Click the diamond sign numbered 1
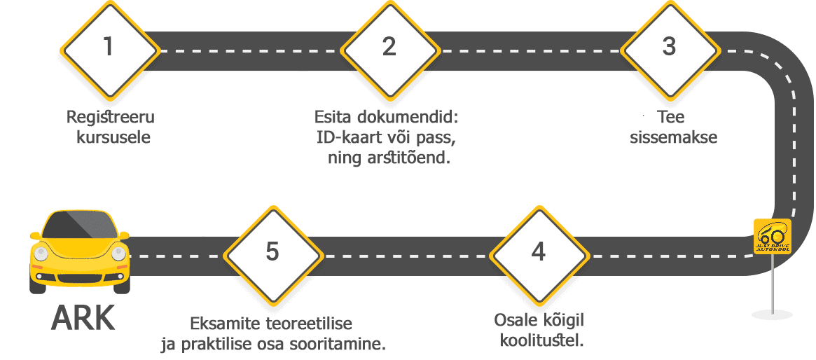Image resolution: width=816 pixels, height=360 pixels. (x=109, y=50)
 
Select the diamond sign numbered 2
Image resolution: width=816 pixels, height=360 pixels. (x=389, y=50)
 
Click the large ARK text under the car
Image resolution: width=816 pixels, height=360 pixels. (x=83, y=319)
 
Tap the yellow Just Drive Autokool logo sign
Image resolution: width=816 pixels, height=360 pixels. (x=773, y=236)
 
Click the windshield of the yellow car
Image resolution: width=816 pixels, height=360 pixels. (x=80, y=225)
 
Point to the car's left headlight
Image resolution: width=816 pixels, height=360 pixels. (x=41, y=254)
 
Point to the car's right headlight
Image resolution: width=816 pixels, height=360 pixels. (x=118, y=254)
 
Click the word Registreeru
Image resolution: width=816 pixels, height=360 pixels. (x=111, y=118)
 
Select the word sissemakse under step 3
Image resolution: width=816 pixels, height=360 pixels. (x=673, y=138)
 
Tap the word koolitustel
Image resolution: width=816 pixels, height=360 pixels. (x=541, y=340)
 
